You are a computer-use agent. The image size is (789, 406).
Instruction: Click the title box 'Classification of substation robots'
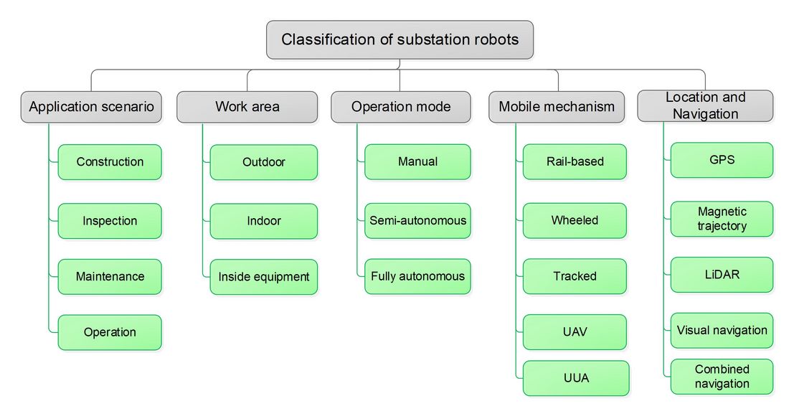click(x=400, y=39)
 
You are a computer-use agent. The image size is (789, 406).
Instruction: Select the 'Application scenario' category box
click(x=91, y=107)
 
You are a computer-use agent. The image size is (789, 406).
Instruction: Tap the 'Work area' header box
click(x=247, y=107)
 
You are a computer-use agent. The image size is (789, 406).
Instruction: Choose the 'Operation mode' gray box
click(x=400, y=107)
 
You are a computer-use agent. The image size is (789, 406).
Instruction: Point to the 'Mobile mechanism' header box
click(x=557, y=107)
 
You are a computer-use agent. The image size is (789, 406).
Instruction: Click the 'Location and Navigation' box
click(x=705, y=105)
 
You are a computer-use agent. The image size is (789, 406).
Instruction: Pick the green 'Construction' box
click(x=110, y=162)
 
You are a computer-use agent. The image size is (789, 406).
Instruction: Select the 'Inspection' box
click(x=110, y=221)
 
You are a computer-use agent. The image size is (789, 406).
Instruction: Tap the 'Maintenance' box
click(x=110, y=277)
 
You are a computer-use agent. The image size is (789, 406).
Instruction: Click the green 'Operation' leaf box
click(x=110, y=333)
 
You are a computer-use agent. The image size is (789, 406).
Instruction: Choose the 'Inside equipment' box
click(x=264, y=277)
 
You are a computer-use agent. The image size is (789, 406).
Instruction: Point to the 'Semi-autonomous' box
click(x=417, y=220)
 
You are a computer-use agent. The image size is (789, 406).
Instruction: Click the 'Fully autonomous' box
click(x=417, y=276)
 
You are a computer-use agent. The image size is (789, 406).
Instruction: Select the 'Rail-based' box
click(x=575, y=161)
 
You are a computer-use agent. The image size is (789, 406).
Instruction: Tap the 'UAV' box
click(x=575, y=332)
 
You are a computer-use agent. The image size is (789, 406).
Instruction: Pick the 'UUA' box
click(x=576, y=378)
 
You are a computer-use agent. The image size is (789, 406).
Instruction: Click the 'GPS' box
click(x=722, y=160)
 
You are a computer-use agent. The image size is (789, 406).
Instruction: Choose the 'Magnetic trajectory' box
click(x=722, y=219)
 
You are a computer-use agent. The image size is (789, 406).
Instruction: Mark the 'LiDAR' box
click(x=722, y=275)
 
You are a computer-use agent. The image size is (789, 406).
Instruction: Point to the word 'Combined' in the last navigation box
click(x=722, y=369)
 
